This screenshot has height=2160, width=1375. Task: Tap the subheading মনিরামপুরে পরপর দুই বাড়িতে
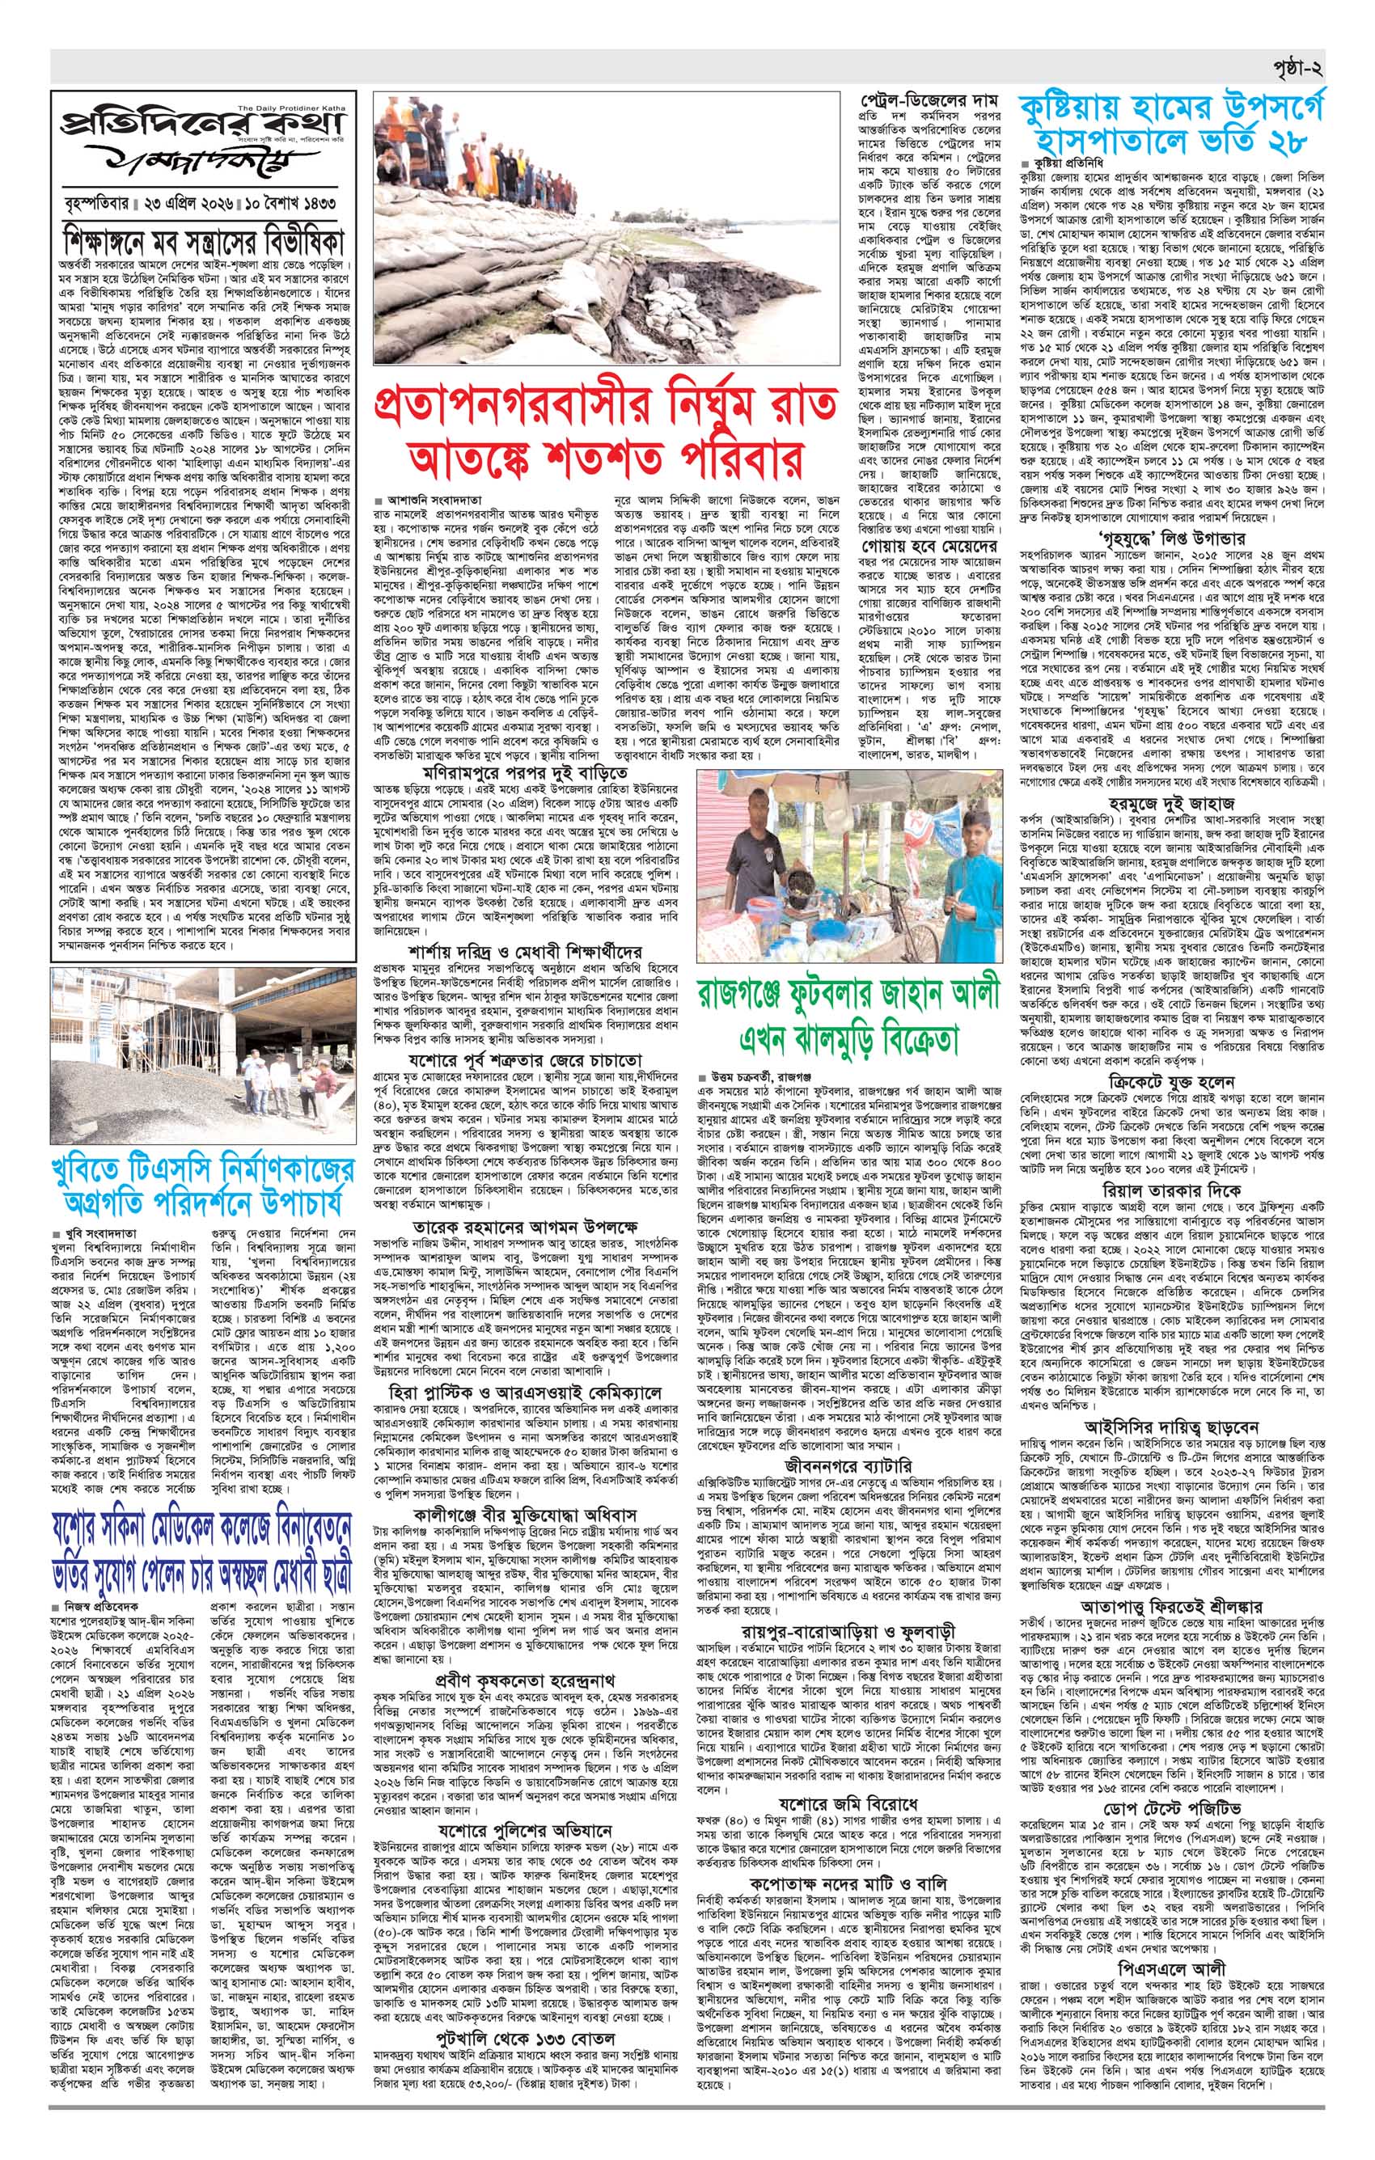526,771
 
